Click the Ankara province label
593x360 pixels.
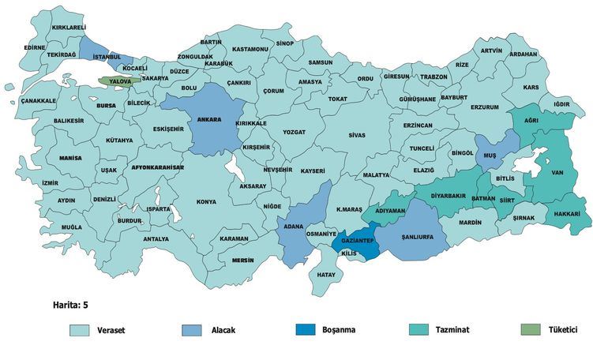point(208,121)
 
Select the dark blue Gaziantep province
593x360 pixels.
point(356,236)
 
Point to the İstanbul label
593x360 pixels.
point(107,57)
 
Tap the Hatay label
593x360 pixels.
point(325,275)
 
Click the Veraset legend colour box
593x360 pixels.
point(80,330)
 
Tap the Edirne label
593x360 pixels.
point(35,47)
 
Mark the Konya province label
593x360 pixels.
point(206,201)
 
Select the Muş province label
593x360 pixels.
point(490,156)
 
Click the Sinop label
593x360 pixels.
point(285,44)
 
